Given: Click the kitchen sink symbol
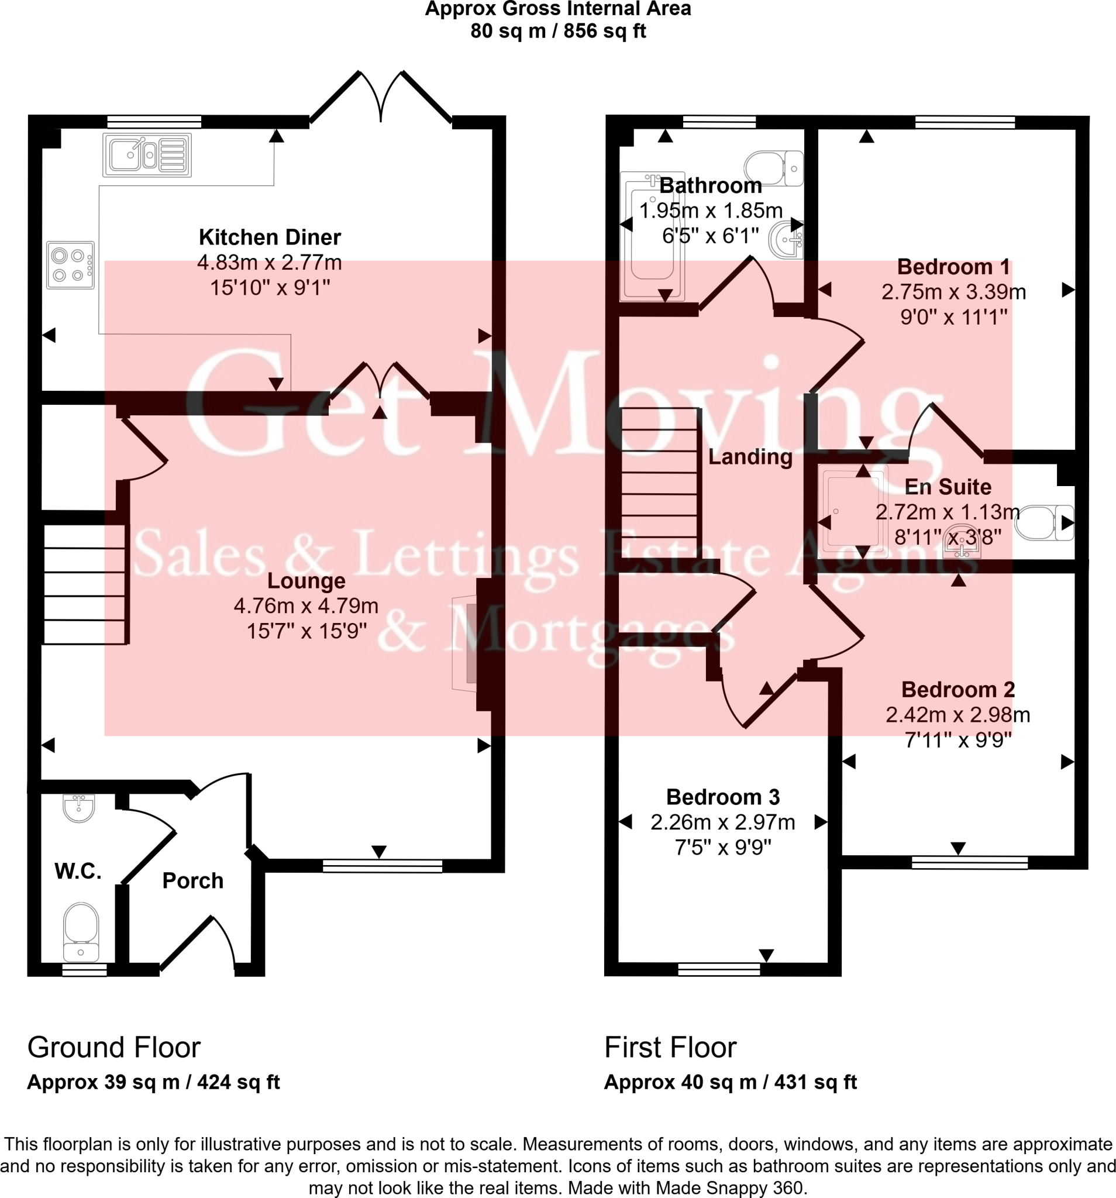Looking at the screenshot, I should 146,155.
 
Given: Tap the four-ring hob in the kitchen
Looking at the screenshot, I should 71,265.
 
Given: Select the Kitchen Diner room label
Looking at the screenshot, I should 270,237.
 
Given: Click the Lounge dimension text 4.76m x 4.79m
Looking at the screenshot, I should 305,605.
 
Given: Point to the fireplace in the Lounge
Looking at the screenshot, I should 466,643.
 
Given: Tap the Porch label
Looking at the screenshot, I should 193,880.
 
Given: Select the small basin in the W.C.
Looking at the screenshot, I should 78,807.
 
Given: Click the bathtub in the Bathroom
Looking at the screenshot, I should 652,235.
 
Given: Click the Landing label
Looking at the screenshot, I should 750,456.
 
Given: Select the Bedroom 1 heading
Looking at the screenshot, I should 953,266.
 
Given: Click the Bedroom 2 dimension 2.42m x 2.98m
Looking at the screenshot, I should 957,715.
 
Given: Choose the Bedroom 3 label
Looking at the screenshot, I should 722,797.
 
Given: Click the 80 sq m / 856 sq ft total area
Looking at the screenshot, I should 557,31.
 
